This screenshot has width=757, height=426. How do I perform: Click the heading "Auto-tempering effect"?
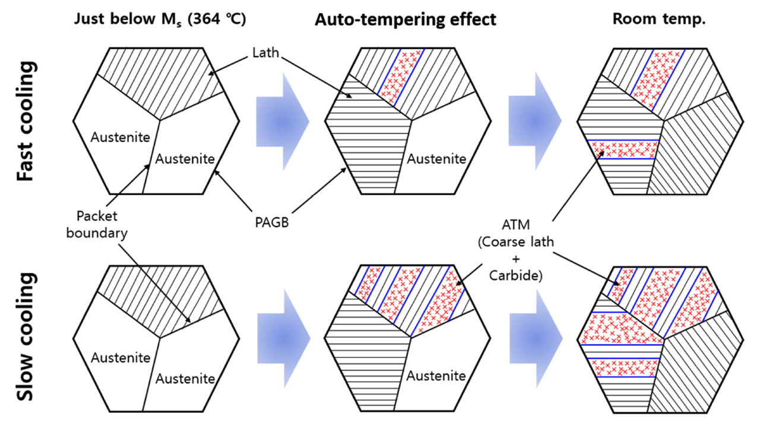pos(406,19)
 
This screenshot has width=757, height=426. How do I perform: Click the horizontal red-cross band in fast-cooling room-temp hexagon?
pos(623,149)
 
